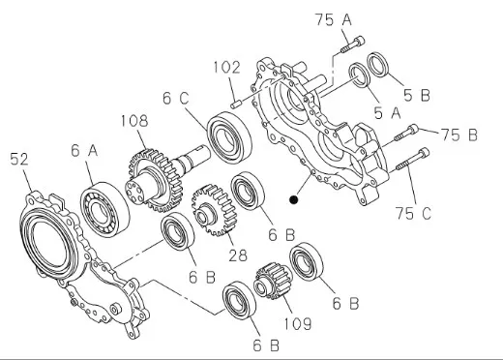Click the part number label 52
[19, 159]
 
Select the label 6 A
[84, 151]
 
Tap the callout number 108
[134, 121]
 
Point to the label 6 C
[176, 98]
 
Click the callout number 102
[227, 68]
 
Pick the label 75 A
[333, 19]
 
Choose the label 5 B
[417, 95]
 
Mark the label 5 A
[387, 113]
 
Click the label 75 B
[459, 135]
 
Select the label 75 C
[413, 213]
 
